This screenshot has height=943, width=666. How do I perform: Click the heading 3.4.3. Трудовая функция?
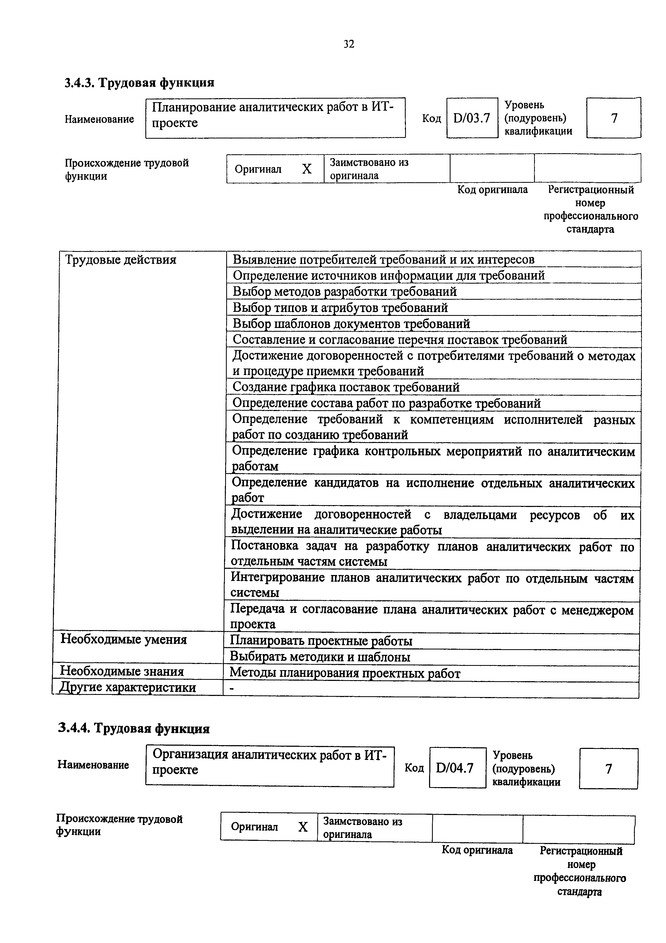pyautogui.click(x=139, y=83)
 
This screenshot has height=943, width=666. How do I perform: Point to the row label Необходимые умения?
pyautogui.click(x=124, y=640)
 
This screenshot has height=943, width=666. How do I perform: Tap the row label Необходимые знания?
pyautogui.click(x=122, y=671)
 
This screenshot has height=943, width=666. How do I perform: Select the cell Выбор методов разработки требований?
pyautogui.click(x=345, y=292)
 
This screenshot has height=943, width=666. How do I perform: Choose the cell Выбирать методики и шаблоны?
pyautogui.click(x=320, y=657)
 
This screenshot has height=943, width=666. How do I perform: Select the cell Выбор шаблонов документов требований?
pyautogui.click(x=351, y=324)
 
